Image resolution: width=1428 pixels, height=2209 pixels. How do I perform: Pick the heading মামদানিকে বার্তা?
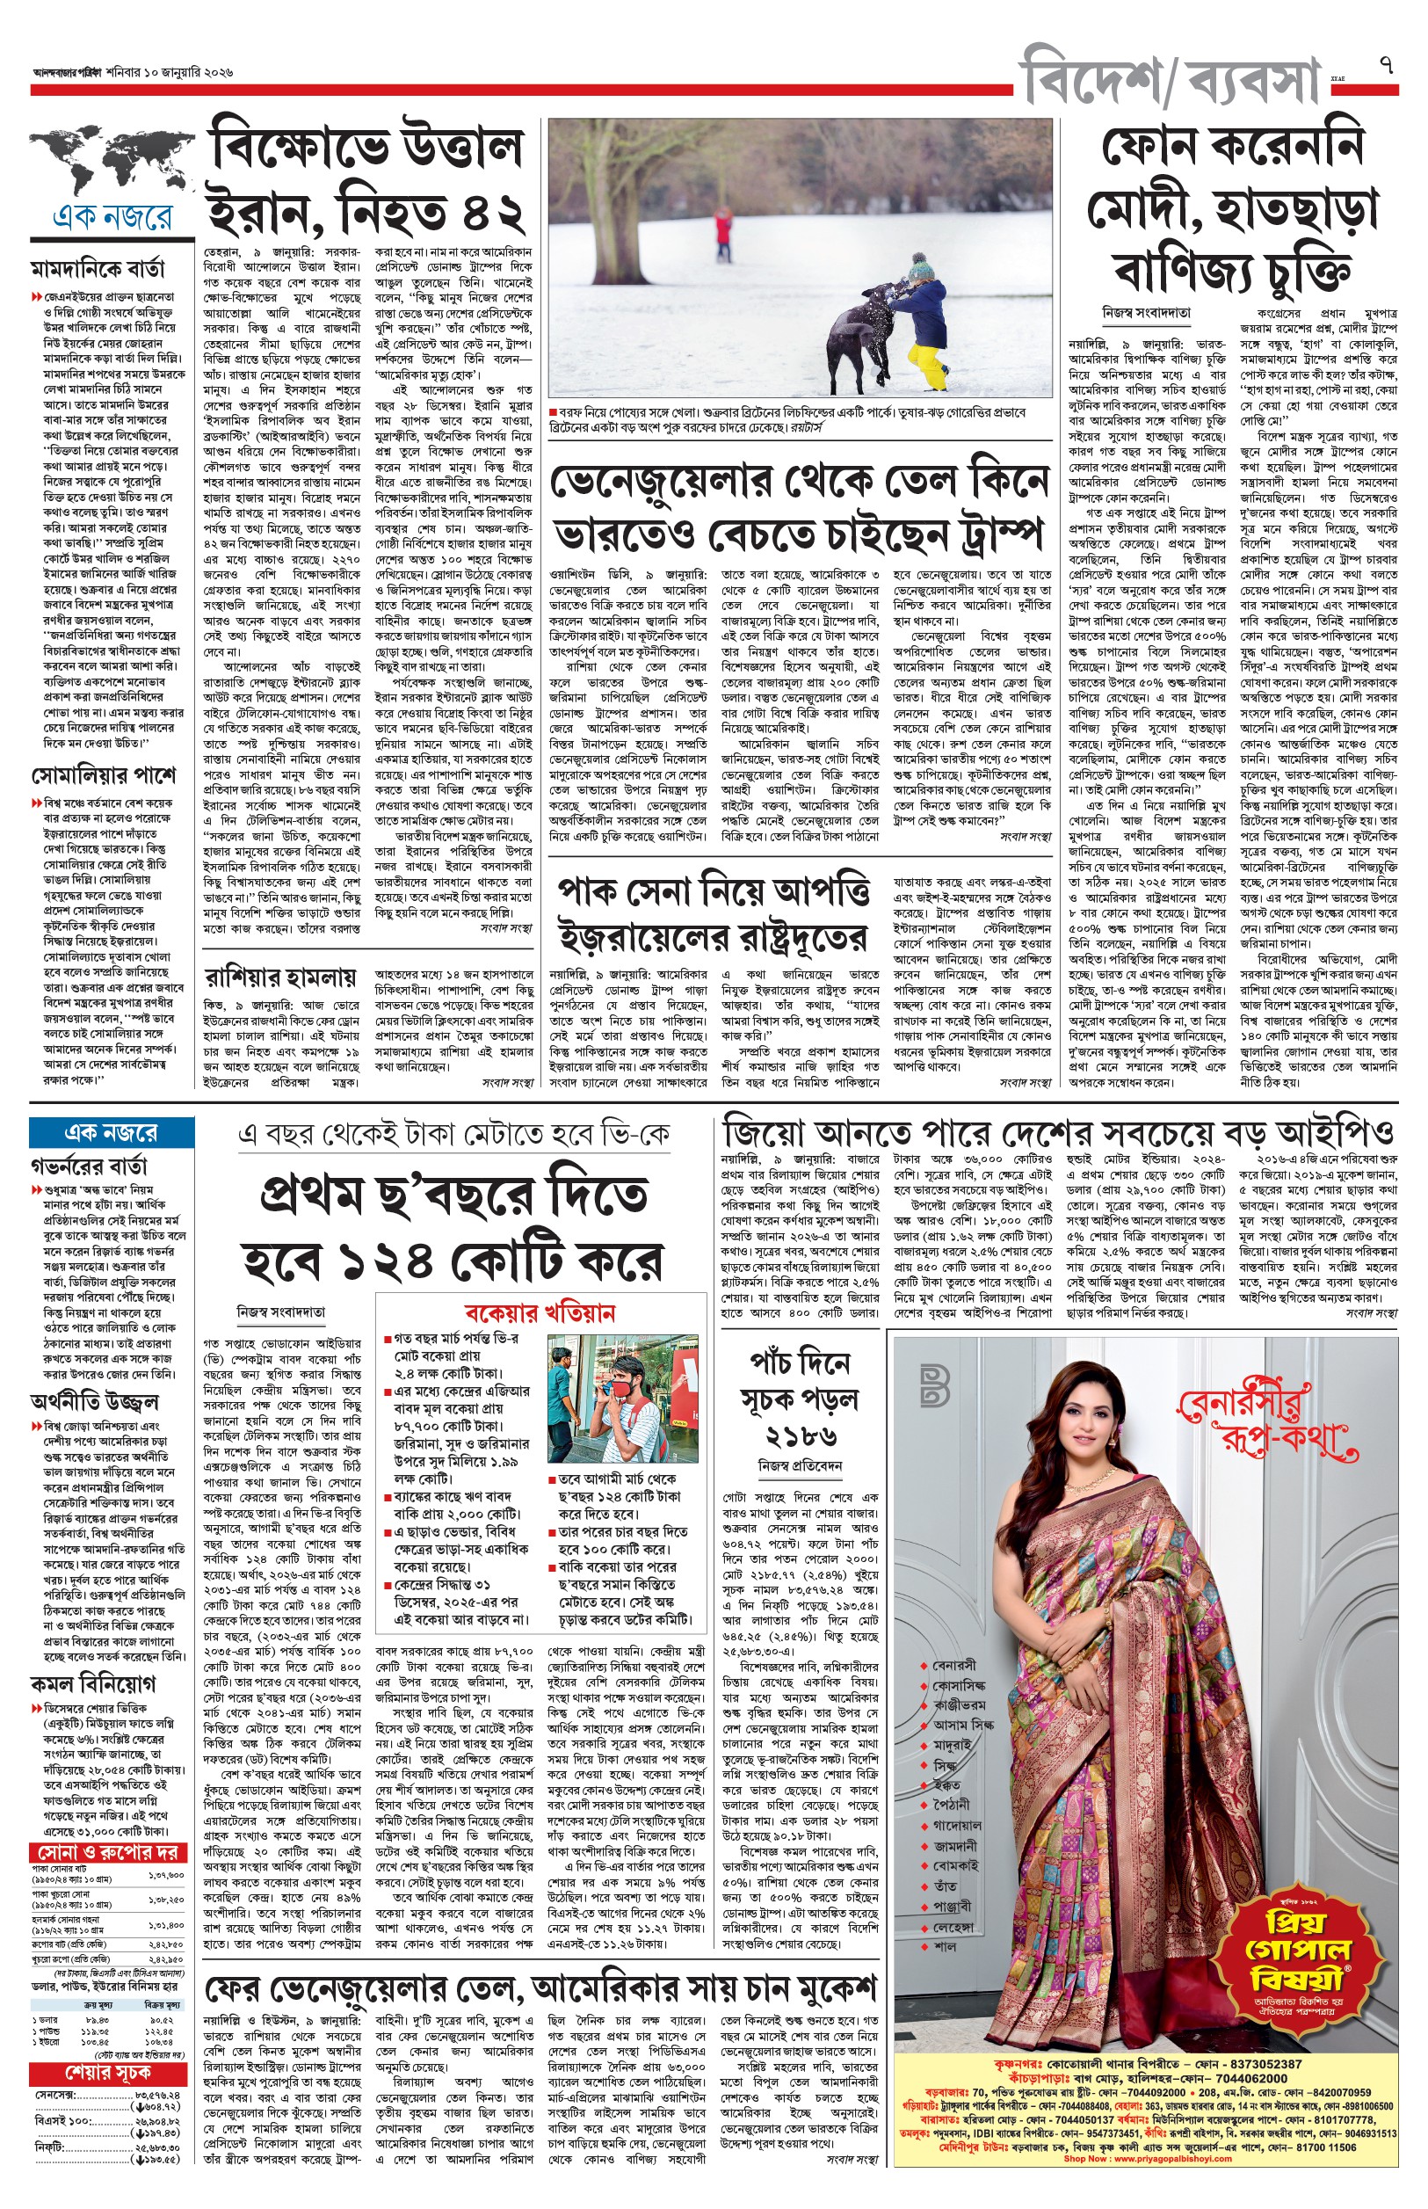98,269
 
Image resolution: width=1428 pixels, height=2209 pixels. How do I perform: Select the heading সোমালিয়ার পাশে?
102,774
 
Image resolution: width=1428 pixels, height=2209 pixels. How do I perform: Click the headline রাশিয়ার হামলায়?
280,977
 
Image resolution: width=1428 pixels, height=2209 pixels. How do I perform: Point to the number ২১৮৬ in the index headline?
803,1435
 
